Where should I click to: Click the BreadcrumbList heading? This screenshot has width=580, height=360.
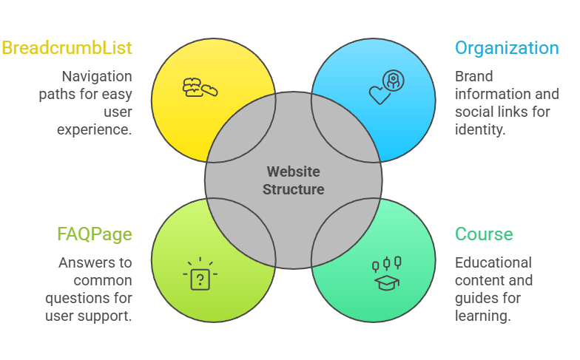[x=67, y=49]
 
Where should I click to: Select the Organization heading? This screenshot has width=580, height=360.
[x=507, y=49]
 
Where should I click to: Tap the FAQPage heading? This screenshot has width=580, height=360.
[x=95, y=235]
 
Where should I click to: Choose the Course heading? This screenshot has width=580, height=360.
[x=484, y=235]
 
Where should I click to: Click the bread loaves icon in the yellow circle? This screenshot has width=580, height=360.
[x=200, y=88]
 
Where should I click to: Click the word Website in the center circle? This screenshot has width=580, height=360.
[x=293, y=171]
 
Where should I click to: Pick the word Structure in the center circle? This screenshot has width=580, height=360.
[x=293, y=190]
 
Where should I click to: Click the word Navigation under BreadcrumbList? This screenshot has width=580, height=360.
[x=96, y=76]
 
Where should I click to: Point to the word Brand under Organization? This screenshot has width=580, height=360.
[x=473, y=76]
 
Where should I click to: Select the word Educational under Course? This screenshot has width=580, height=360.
[x=493, y=262]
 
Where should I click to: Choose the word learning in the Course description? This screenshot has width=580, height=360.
[x=482, y=316]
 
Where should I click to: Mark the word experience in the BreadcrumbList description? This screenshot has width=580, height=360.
[x=95, y=129]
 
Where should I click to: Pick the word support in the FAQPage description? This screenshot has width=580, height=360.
[x=109, y=316]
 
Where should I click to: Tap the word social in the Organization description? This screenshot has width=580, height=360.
[x=473, y=112]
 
